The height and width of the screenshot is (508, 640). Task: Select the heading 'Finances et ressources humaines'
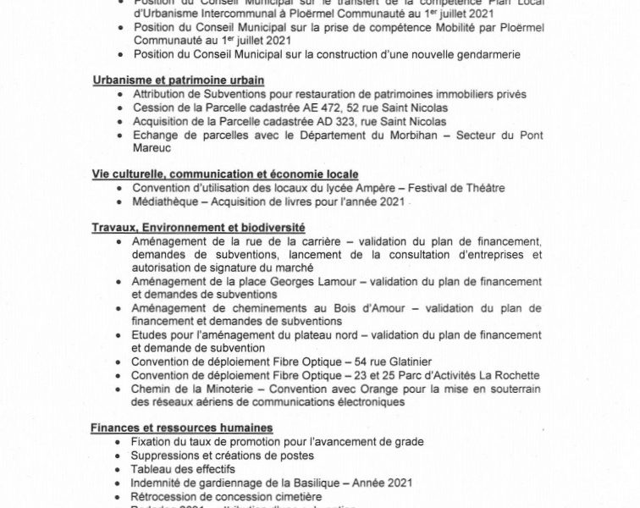click(178, 427)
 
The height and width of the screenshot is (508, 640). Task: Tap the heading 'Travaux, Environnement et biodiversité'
click(199, 228)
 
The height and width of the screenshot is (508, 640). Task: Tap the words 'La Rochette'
click(507, 375)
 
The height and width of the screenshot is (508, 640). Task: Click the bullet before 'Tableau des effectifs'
click(123, 469)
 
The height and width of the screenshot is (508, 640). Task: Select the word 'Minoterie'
click(212, 389)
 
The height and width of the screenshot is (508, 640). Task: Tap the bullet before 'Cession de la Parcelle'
click(123, 108)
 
